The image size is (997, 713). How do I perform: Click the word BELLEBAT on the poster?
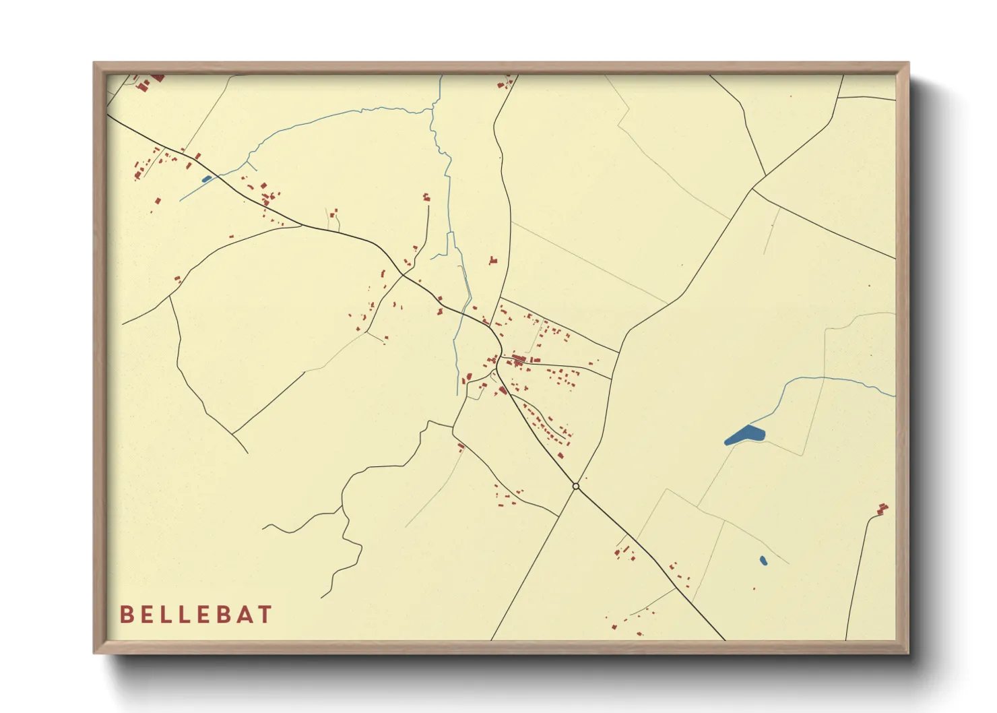[196, 615]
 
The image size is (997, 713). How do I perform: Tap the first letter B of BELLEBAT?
[126, 615]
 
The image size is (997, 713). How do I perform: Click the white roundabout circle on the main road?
[575, 486]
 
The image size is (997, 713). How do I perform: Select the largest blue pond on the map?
[744, 435]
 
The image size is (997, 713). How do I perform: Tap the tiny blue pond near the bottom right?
[763, 560]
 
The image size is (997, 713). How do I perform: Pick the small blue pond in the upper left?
[206, 179]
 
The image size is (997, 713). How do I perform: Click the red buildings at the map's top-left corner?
[150, 82]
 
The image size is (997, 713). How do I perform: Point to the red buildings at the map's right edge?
[882, 509]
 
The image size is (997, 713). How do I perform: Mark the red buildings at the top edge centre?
[503, 84]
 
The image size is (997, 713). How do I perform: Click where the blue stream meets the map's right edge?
[895, 396]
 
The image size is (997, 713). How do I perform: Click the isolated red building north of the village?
[493, 260]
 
